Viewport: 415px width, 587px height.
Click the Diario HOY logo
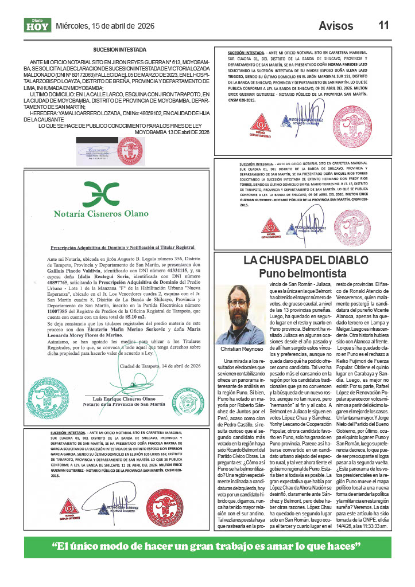(37, 25)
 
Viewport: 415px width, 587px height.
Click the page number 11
(383, 25)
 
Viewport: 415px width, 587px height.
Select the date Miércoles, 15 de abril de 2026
(105, 26)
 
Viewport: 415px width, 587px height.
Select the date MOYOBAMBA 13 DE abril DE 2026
(172, 132)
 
